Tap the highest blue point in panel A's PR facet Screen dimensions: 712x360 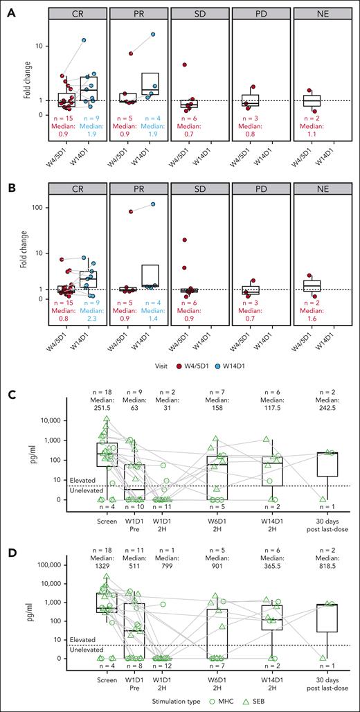click(152, 34)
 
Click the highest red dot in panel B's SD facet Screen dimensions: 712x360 click(185, 240)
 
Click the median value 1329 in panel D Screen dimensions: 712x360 click(106, 555)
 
